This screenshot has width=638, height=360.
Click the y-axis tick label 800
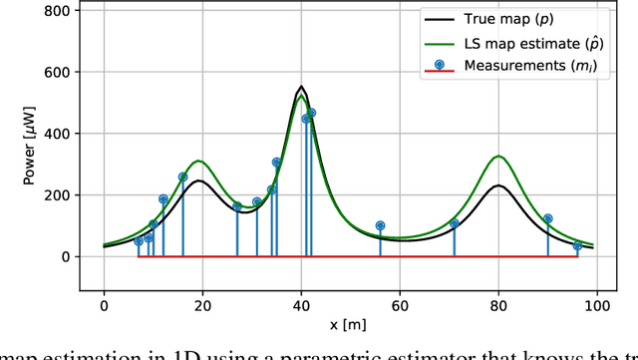(x=57, y=11)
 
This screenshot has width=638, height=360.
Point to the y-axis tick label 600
(x=57, y=73)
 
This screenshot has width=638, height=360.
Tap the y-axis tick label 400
(x=57, y=134)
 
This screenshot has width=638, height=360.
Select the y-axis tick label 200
(x=57, y=195)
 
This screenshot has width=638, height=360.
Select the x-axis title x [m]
(x=350, y=326)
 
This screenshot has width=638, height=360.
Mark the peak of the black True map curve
(x=301, y=87)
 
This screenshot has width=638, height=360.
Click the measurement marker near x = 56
(x=380, y=226)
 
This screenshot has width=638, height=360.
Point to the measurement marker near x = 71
(x=454, y=223)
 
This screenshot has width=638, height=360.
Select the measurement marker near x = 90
(x=547, y=218)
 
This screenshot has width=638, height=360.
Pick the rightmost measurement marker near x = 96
(x=577, y=245)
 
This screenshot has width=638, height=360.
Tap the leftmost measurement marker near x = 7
(x=139, y=241)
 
